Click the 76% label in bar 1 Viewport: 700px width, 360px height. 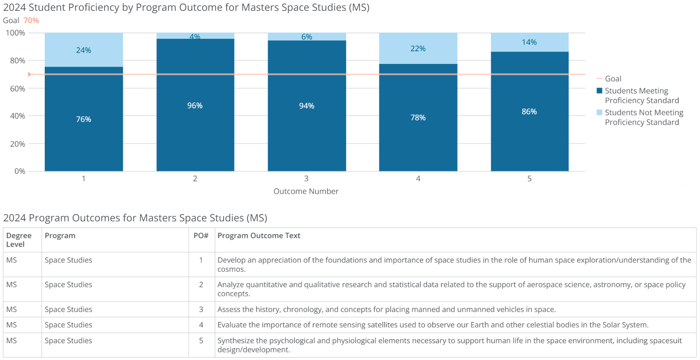pyautogui.click(x=84, y=119)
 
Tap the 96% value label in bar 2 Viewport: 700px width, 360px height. pyautogui.click(x=195, y=105)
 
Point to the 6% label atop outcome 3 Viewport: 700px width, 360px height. pyautogui.click(x=306, y=37)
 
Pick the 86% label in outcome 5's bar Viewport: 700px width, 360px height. pyautogui.click(x=529, y=111)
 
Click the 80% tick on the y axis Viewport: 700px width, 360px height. pyautogui.click(x=18, y=61)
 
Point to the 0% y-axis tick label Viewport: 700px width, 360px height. pyautogui.click(x=20, y=171)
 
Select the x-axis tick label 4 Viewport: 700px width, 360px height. pyautogui.click(x=418, y=179)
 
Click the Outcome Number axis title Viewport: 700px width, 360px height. pyautogui.click(x=306, y=191)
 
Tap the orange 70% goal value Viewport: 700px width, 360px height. pyautogui.click(x=31, y=20)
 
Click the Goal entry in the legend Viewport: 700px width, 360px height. pyautogui.click(x=613, y=79)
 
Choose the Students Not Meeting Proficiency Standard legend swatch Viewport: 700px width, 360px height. pyautogui.click(x=599, y=112)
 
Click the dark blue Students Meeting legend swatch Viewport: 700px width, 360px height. pyautogui.click(x=599, y=91)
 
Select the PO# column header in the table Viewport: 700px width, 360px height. pyautogui.click(x=201, y=236)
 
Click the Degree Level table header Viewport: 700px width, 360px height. pyautogui.click(x=18, y=240)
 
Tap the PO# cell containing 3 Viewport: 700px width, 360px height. pyautogui.click(x=201, y=309)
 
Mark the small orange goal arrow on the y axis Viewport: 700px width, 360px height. pyautogui.click(x=30, y=74)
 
